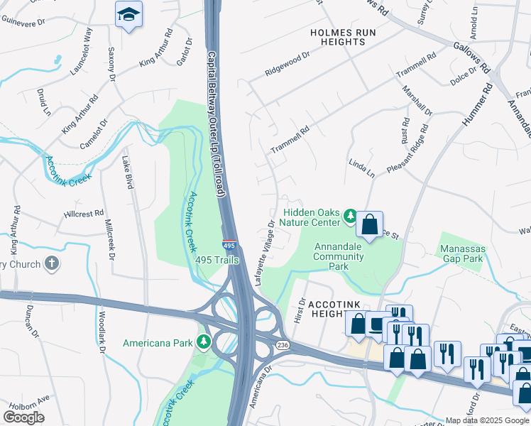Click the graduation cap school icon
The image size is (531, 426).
tap(128, 14)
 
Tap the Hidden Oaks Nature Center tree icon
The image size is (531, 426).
tap(349, 215)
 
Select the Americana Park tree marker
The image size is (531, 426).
tap(204, 343)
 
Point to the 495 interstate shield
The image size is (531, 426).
tap(229, 243)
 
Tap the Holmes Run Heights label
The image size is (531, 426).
tap(338, 37)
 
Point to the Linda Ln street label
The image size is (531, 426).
tap(361, 168)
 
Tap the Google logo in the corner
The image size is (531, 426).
tap(23, 417)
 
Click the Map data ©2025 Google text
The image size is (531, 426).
tap(487, 420)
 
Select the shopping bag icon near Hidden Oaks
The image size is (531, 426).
tap(370, 225)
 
